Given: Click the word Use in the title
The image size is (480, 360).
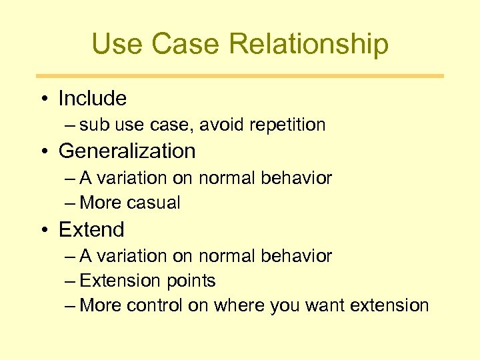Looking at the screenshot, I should [117, 44].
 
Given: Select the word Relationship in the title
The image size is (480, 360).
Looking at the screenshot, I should [309, 44].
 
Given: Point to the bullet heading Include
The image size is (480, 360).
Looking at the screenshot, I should [92, 99].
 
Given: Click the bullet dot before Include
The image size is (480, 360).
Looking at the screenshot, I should [43, 99].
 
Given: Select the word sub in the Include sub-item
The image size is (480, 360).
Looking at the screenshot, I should [93, 125].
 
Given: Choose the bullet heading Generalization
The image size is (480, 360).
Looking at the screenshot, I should [127, 151].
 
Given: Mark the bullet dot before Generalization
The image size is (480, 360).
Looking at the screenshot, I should [43, 152].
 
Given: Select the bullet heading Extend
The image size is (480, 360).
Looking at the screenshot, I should [91, 229].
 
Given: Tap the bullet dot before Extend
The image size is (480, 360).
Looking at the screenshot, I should [43, 230].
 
